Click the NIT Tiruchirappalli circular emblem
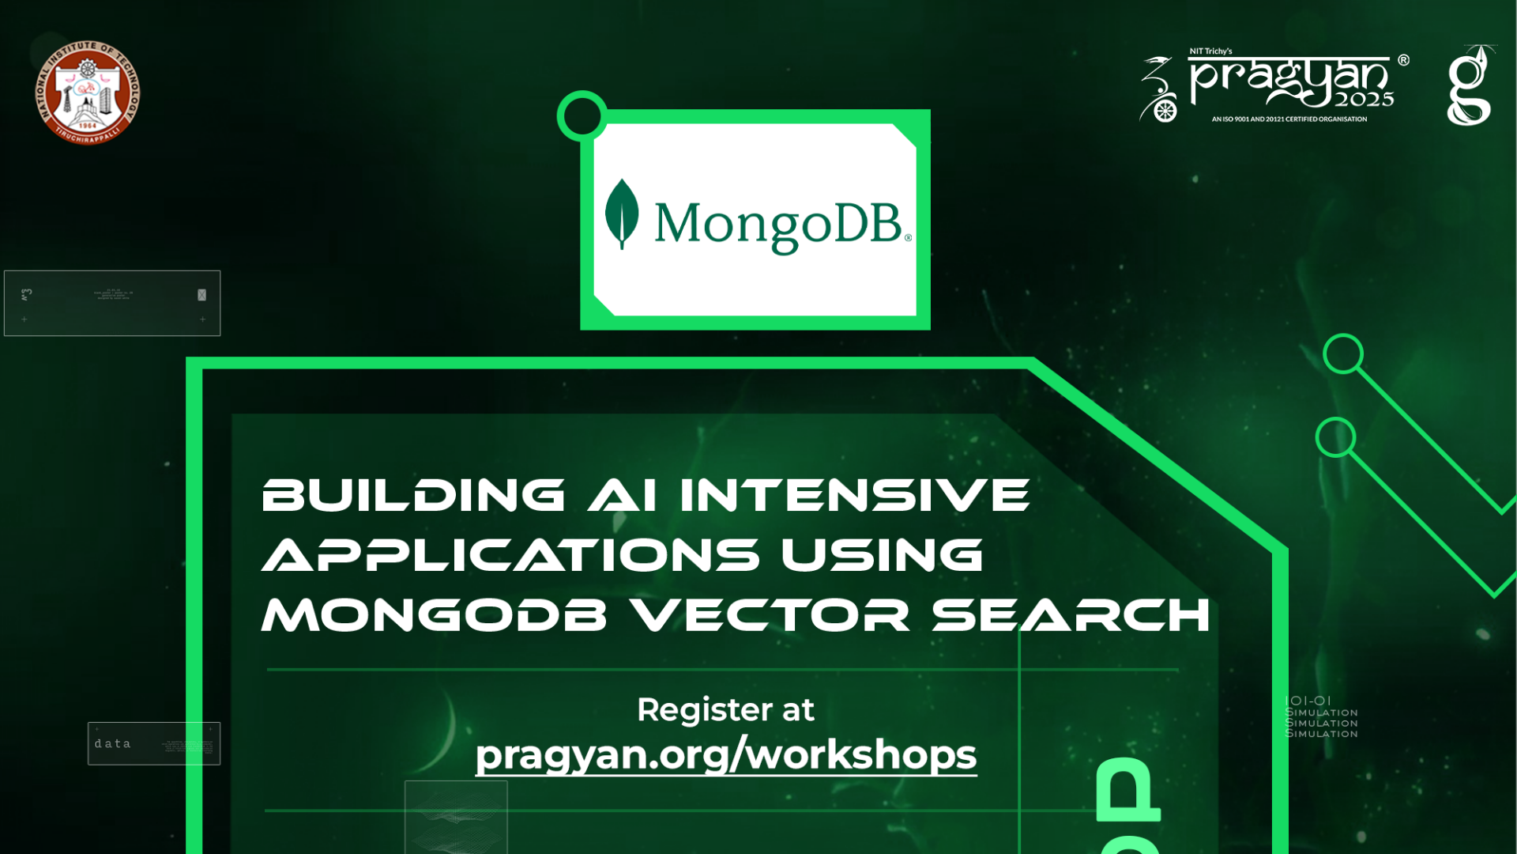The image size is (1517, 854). (88, 93)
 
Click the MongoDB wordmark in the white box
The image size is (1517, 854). (778, 225)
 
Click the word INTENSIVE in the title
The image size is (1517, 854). (855, 495)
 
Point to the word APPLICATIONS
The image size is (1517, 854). (510, 554)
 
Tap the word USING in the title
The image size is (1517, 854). (883, 554)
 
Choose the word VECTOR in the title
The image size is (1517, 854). (771, 614)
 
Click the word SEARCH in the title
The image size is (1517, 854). (1071, 614)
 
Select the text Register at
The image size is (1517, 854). (725, 709)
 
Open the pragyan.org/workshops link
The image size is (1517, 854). (725, 754)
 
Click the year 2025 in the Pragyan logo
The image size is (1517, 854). (1365, 100)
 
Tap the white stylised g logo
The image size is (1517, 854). (1470, 87)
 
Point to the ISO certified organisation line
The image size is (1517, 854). (1289, 119)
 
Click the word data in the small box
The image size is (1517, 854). (112, 743)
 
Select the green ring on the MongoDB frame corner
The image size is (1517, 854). (582, 116)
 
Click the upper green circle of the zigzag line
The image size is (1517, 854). (1343, 353)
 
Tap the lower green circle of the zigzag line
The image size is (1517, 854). (1335, 437)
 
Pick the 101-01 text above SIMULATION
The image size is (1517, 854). (1308, 701)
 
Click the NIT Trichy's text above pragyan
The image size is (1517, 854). (1210, 51)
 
